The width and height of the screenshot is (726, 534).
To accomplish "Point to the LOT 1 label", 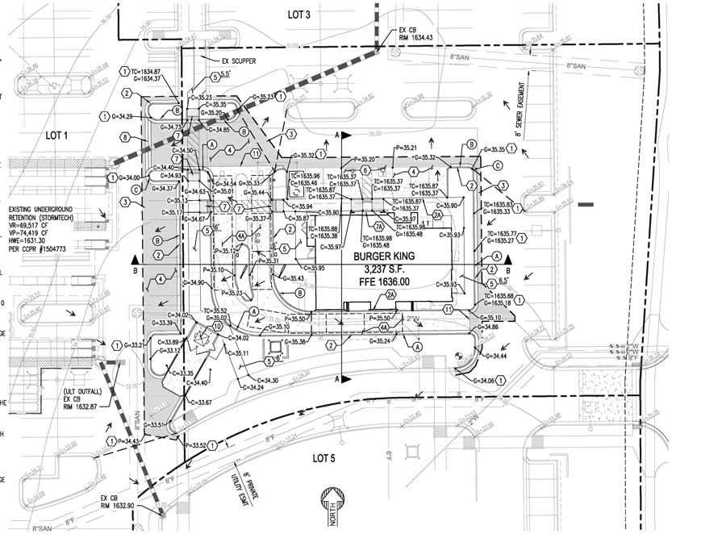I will (58, 135).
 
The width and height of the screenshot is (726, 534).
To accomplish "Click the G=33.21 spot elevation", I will (136, 345).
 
